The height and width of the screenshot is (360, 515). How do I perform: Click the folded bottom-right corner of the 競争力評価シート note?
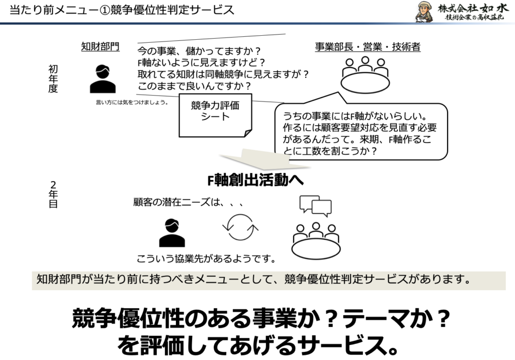(248, 133)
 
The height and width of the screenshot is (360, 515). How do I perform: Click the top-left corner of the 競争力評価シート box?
(179, 94)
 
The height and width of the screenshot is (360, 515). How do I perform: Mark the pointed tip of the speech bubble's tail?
(338, 93)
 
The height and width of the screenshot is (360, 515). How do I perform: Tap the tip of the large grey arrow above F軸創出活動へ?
(310, 167)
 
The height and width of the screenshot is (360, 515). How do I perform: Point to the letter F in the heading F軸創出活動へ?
(211, 181)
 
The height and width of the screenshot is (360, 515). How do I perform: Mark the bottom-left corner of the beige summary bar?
(32, 290)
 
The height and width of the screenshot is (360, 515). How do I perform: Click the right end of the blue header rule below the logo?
(514, 23)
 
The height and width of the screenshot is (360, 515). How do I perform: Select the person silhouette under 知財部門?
(103, 79)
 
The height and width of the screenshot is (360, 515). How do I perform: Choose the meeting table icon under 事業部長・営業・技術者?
(365, 74)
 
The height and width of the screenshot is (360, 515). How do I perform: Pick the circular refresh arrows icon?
(240, 227)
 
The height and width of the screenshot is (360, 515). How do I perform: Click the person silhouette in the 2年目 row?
(172, 233)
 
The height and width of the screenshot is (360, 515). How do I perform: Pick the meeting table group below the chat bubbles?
(316, 241)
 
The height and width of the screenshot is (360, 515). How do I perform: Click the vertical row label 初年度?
(53, 79)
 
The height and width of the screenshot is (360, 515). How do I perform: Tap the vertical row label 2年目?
(53, 195)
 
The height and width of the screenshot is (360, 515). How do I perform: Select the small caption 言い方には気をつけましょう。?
(132, 102)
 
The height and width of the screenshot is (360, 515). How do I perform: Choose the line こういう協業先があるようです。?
(206, 259)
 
